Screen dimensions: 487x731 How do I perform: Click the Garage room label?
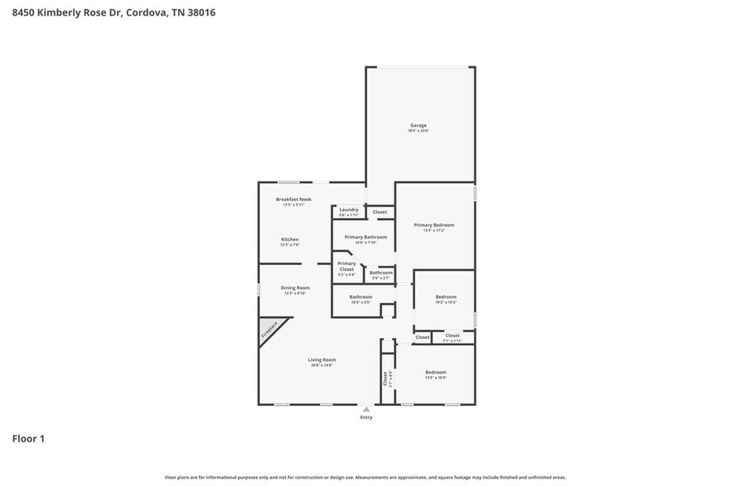tap(417, 126)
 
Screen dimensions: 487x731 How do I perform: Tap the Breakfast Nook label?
tap(293, 200)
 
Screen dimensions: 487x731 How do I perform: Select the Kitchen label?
tap(289, 239)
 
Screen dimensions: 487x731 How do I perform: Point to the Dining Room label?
tap(295, 287)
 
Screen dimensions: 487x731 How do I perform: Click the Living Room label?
tap(322, 359)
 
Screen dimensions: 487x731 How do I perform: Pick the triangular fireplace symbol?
tap(269, 330)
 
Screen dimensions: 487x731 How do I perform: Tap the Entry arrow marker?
tap(365, 409)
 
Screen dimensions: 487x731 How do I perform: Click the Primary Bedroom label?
tap(434, 224)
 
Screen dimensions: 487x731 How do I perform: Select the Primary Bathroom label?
tap(365, 237)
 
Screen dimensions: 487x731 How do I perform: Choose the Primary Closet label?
tap(346, 266)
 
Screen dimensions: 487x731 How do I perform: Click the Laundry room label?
tap(349, 210)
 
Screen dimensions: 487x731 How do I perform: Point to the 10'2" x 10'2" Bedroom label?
tap(445, 297)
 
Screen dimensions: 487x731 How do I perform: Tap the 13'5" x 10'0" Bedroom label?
tap(435, 372)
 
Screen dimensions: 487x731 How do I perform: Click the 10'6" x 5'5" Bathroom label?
tap(361, 297)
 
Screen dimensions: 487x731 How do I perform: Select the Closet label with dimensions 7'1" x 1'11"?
tap(452, 335)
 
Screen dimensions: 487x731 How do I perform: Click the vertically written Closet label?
tap(385, 378)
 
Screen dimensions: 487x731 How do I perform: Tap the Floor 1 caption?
tap(28, 438)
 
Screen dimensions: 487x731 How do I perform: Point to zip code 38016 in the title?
tap(201, 13)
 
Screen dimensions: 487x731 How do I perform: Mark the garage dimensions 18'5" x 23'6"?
tap(417, 131)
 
